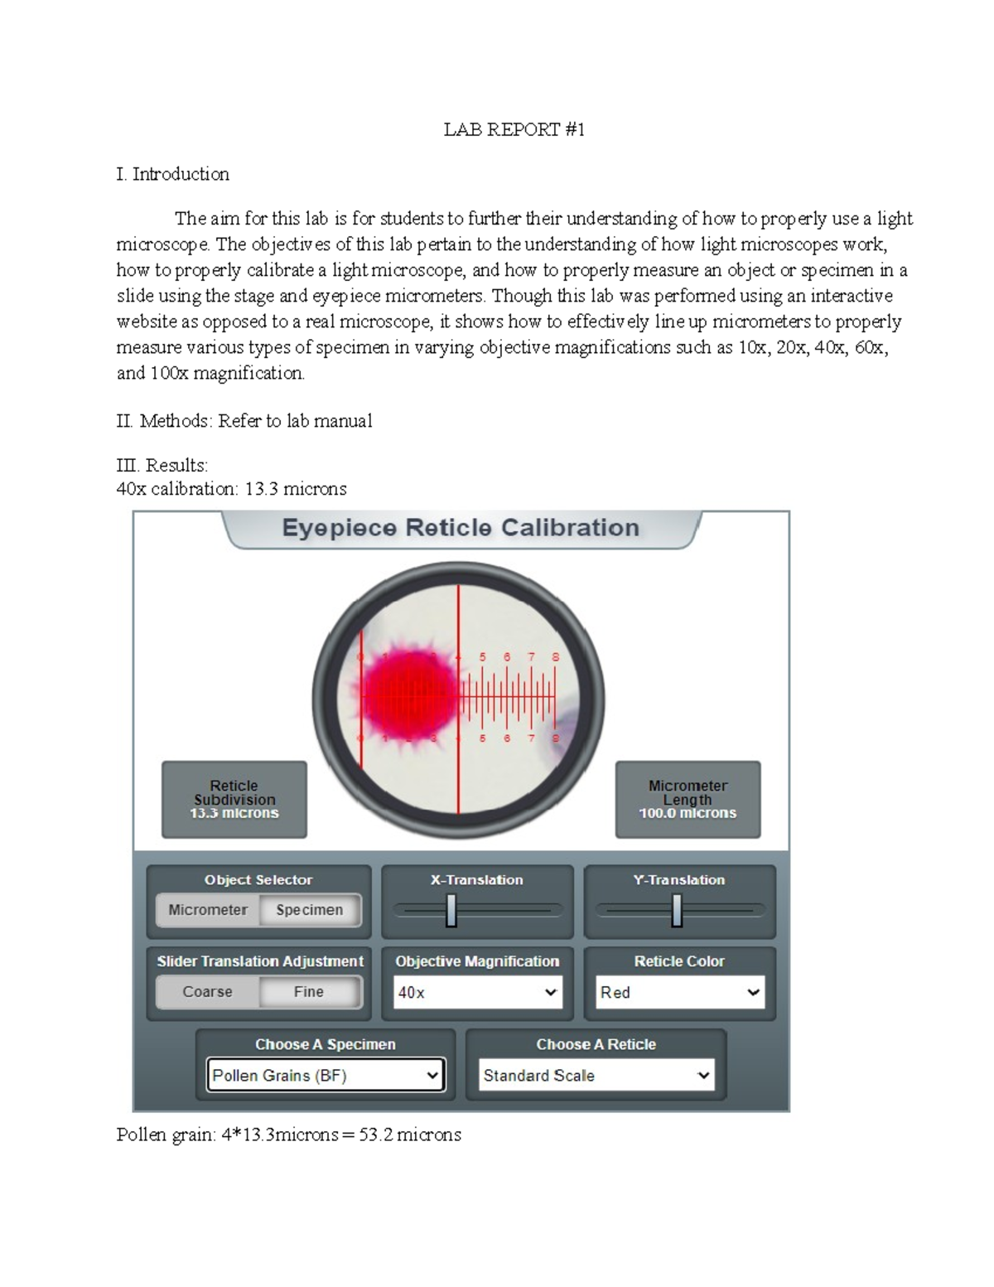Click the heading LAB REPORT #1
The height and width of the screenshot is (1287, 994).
tap(514, 129)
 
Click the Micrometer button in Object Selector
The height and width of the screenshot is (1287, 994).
tap(208, 910)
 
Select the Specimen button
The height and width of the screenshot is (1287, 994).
tap(310, 910)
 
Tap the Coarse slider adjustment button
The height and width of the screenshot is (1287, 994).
tap(208, 992)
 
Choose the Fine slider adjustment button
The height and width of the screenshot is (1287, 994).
tap(309, 992)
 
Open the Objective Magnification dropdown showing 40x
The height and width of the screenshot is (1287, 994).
tap(477, 992)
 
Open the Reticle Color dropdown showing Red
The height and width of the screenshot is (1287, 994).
tap(679, 992)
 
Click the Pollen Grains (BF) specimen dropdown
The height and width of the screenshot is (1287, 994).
tap(326, 1076)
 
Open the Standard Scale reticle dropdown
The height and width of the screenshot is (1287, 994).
tap(596, 1076)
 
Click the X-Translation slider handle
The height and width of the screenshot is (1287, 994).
tap(451, 911)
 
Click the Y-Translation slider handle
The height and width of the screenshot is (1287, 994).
tap(677, 911)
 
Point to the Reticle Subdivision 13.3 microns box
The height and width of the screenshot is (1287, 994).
tap(234, 800)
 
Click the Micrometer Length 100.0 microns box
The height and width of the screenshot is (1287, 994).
tap(688, 800)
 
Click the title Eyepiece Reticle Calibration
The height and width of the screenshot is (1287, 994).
tap(461, 528)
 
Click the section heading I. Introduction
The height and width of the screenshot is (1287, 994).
tap(172, 174)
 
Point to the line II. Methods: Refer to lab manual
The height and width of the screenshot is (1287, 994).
tap(244, 421)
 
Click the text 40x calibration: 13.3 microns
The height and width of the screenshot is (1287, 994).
tap(231, 489)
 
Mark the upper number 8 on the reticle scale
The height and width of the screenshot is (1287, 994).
tap(555, 657)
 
